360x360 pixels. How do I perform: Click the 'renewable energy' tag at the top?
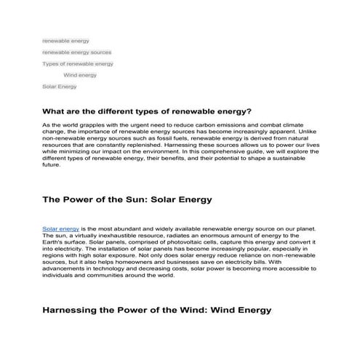[x=65, y=41]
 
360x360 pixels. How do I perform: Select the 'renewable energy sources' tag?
[x=76, y=52]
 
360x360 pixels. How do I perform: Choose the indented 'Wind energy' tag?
[x=80, y=75]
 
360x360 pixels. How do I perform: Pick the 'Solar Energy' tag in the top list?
[x=60, y=87]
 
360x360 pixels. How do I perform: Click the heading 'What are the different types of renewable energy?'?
[x=148, y=111]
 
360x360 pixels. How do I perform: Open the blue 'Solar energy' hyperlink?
[x=60, y=229]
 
